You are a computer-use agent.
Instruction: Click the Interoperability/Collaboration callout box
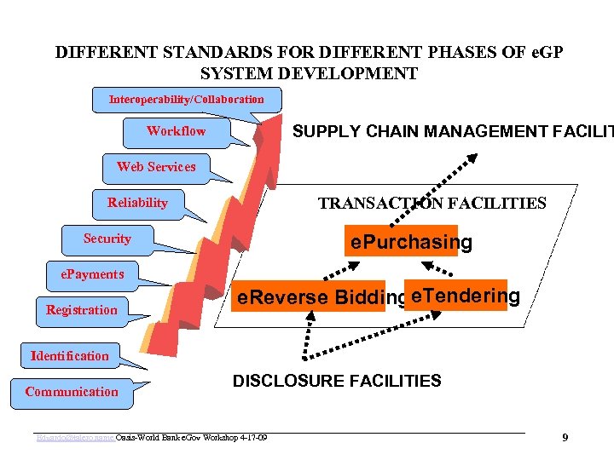click(x=186, y=100)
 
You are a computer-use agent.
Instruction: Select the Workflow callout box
click(x=176, y=131)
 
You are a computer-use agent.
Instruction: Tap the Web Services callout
click(x=156, y=167)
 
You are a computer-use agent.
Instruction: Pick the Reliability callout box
click(x=137, y=203)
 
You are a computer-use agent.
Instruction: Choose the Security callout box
click(x=107, y=239)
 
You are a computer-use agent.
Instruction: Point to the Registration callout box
click(x=82, y=310)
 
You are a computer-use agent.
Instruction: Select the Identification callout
click(x=70, y=356)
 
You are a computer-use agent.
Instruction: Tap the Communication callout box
click(x=72, y=392)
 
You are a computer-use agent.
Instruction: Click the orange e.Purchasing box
click(x=401, y=242)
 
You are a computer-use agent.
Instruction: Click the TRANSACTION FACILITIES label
click(x=432, y=204)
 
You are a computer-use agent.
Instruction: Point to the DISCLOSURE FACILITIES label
click(x=337, y=381)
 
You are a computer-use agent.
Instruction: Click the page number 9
click(x=565, y=438)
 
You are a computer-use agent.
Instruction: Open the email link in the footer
click(x=75, y=438)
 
